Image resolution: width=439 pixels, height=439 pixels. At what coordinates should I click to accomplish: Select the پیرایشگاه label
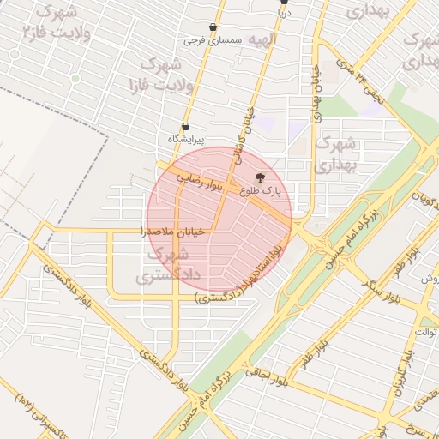tap(186, 139)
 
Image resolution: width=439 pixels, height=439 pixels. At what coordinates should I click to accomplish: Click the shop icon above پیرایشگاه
tap(185, 127)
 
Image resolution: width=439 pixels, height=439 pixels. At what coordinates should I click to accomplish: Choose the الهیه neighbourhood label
tap(260, 39)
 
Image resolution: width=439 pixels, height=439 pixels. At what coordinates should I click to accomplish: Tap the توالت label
tap(426, 331)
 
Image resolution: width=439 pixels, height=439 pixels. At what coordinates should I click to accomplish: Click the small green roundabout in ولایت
tap(75, 78)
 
